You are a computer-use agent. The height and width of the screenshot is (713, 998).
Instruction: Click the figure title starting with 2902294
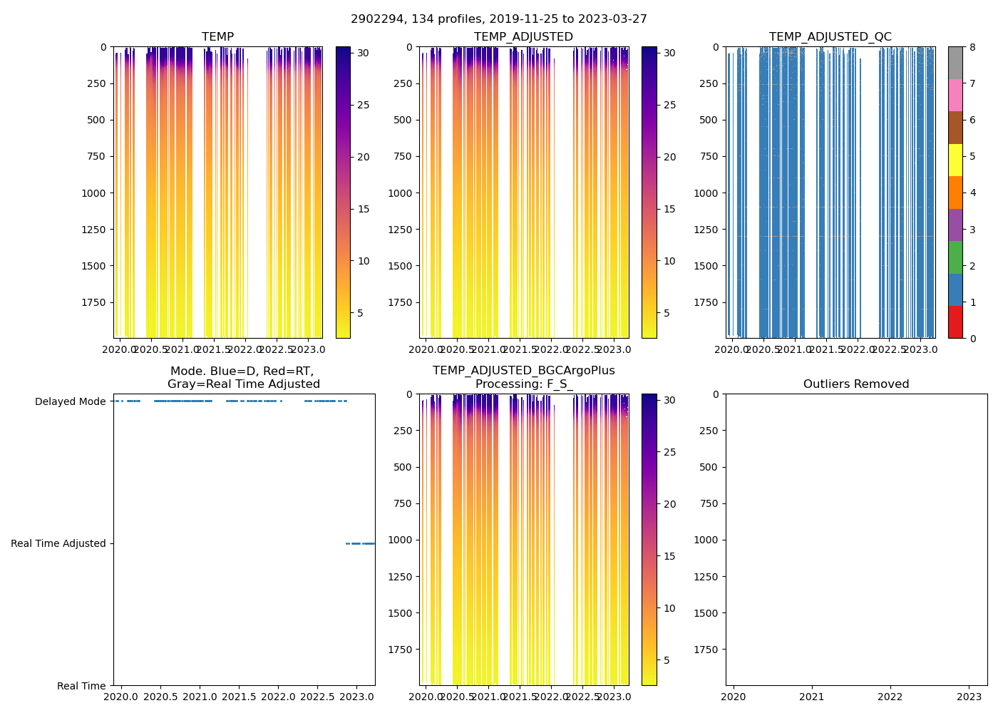click(x=499, y=19)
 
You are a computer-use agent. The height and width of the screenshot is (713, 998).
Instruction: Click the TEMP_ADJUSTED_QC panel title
click(x=830, y=37)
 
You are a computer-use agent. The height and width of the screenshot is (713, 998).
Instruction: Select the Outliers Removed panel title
click(x=856, y=384)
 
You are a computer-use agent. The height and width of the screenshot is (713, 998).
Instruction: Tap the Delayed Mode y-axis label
click(x=70, y=401)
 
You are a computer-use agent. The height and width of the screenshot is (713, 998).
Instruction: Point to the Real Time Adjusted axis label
click(x=58, y=543)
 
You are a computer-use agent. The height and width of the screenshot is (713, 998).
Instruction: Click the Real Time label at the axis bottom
click(x=81, y=686)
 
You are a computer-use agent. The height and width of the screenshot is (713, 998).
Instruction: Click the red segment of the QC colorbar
click(x=955, y=322)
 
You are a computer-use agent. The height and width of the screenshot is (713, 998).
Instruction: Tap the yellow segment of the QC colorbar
click(x=955, y=160)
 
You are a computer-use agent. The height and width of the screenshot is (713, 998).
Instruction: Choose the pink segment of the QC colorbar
click(x=955, y=95)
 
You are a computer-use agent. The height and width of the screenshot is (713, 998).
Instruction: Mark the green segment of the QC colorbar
click(x=955, y=257)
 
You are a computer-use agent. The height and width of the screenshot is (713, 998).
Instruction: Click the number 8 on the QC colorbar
click(x=972, y=48)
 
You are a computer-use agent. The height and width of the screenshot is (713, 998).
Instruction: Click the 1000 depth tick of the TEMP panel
click(x=93, y=193)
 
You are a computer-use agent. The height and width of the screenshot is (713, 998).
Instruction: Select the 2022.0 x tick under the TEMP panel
click(x=246, y=349)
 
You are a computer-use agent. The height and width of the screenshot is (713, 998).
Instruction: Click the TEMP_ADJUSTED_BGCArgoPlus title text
click(x=524, y=371)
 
